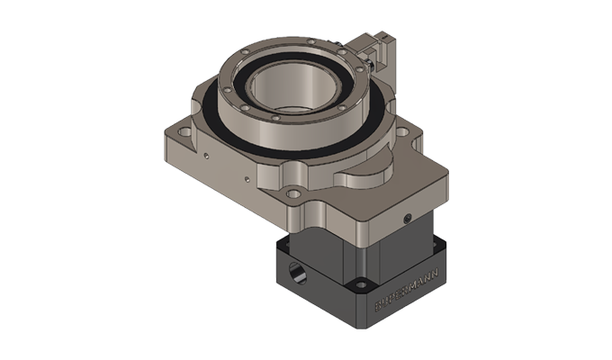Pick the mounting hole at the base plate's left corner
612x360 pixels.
coord(185,136)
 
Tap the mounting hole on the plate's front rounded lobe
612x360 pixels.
coord(292,193)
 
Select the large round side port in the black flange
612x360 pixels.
coord(295,269)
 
